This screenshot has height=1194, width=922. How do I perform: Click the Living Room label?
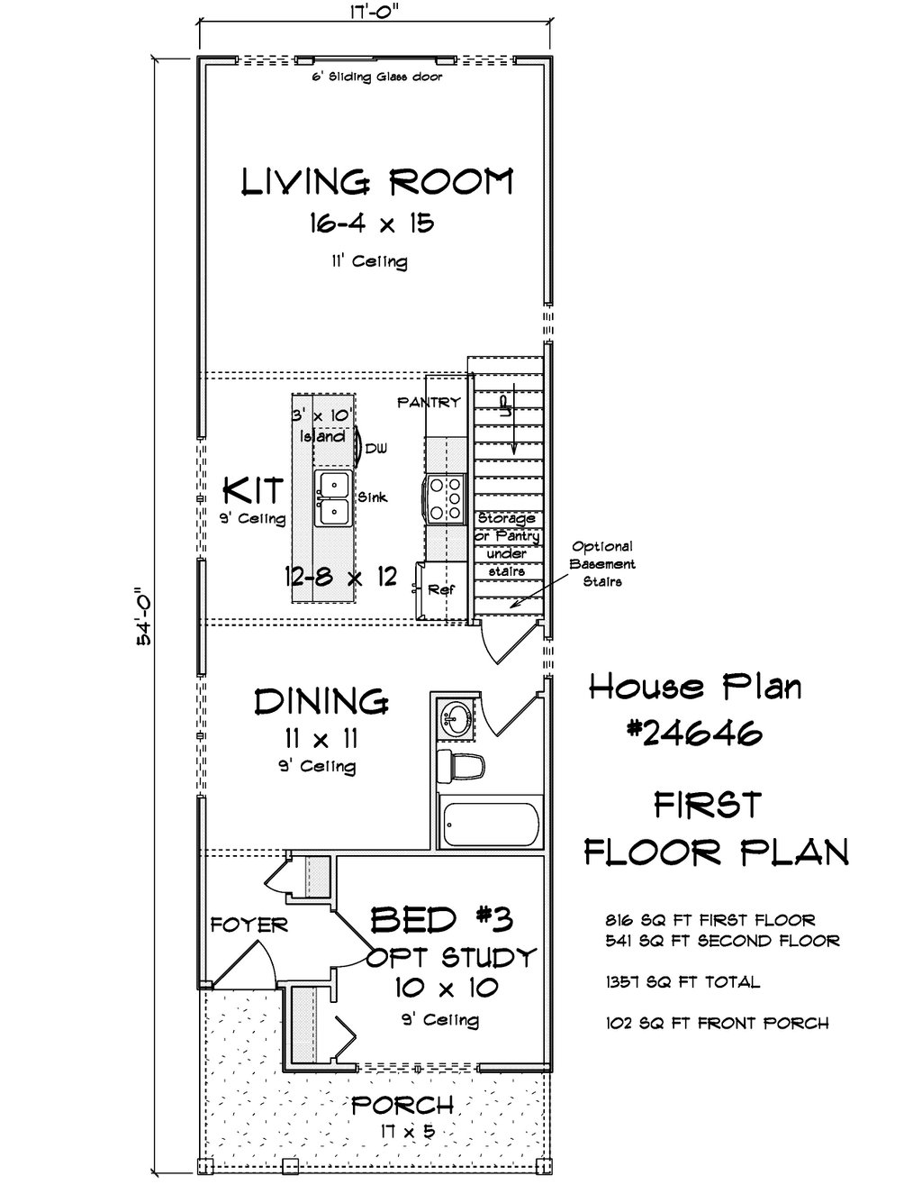point(377,182)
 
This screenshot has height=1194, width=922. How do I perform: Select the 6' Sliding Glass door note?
point(377,77)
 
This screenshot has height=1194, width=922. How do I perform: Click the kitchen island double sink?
point(334,498)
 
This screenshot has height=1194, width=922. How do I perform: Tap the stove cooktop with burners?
point(445,498)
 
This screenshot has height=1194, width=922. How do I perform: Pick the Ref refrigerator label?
point(441,589)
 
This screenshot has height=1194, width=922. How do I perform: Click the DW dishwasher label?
point(376,449)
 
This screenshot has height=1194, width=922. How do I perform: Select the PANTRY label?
point(429,402)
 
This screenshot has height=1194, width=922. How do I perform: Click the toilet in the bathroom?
point(461,765)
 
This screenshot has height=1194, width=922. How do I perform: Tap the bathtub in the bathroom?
point(490,825)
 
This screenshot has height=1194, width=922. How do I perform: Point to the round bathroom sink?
point(456,719)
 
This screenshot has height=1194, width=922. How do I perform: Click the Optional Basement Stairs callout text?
point(602,564)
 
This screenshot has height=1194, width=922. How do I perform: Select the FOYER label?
point(249,925)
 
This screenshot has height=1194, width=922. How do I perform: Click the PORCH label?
point(402,1105)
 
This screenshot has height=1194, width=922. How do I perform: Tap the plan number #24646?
point(695,733)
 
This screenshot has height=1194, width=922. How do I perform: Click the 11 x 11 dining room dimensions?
point(321,738)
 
